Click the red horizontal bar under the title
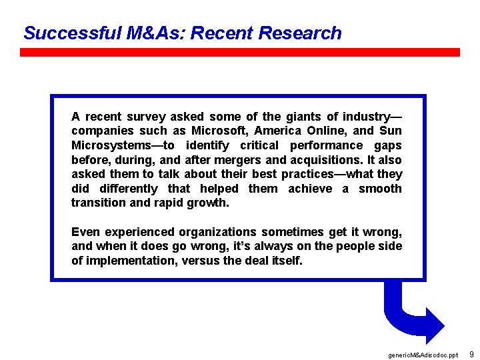(x=240, y=52)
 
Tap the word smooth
(x=380, y=189)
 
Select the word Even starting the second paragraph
(x=85, y=232)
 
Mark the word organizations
(x=217, y=232)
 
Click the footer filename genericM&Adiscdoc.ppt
(x=422, y=355)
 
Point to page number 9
(x=471, y=354)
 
